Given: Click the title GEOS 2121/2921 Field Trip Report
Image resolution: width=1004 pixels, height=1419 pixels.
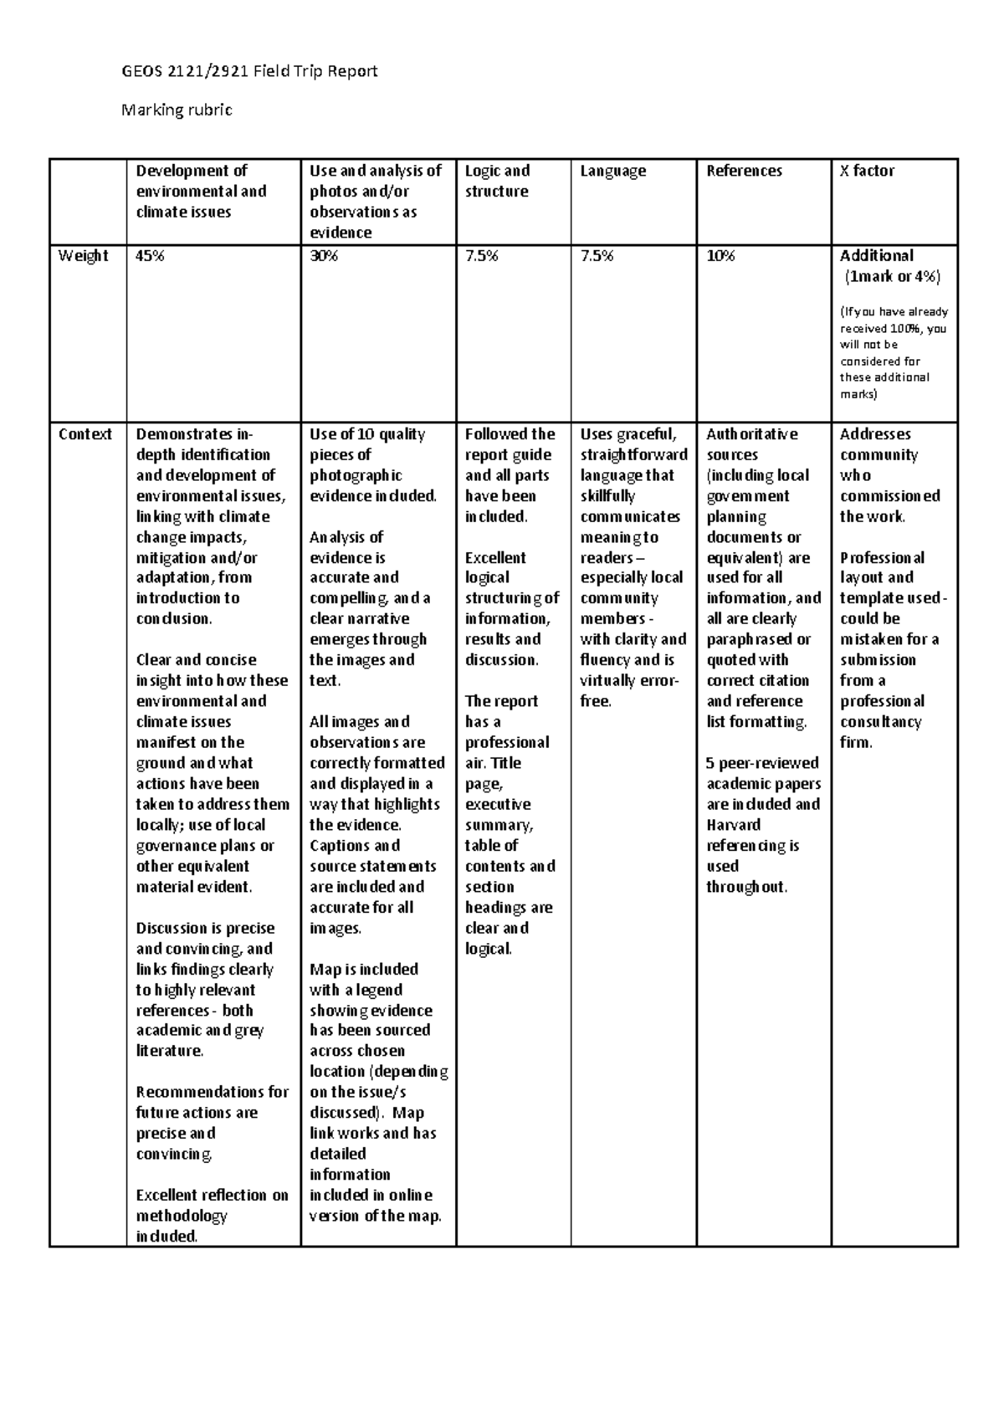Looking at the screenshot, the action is point(249,71).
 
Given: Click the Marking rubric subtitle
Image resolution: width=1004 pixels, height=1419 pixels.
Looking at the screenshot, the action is point(177,110).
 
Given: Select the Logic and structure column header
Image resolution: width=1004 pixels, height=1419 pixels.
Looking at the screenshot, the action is point(497,181).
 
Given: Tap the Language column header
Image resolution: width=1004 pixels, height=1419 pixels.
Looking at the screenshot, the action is point(613,171).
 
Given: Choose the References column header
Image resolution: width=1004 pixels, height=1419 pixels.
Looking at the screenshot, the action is point(744,171).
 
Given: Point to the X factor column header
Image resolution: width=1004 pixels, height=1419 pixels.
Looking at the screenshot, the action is point(867,171).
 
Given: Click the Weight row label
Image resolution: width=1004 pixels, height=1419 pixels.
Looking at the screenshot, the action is point(83,256).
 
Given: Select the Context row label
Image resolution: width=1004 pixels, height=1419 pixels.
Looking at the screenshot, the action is point(85,434).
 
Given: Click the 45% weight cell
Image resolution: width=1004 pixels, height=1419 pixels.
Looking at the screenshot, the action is point(151,256).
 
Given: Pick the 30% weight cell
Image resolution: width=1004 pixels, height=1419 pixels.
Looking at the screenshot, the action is point(324,256).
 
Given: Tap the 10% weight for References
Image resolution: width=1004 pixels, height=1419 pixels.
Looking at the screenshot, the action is point(720,256).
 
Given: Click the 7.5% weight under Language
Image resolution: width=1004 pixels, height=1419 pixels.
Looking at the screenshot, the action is point(597,256).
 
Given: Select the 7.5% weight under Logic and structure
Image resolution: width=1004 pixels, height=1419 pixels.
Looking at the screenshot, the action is point(481,256).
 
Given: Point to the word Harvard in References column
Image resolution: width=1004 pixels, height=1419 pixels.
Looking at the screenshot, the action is point(733,825).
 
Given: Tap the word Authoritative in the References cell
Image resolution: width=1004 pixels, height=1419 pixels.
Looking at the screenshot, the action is point(751,434).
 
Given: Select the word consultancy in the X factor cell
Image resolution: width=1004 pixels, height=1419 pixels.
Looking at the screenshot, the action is point(881,722).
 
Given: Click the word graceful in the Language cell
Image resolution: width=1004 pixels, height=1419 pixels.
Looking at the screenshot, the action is point(645,434).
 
